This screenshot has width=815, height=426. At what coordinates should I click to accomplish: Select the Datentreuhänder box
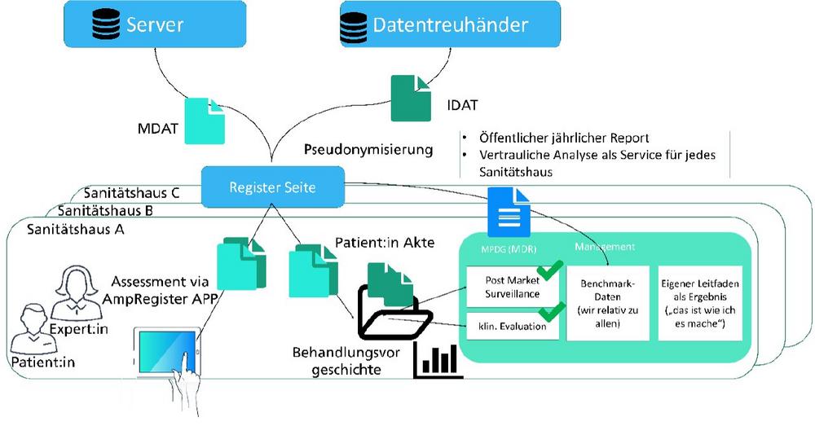click(447, 24)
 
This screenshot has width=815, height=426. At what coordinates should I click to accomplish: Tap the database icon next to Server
click(104, 24)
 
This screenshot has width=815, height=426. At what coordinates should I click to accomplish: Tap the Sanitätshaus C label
click(131, 194)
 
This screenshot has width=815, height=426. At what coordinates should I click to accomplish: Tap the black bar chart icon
click(438, 362)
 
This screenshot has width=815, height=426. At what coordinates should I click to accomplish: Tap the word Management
click(606, 245)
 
